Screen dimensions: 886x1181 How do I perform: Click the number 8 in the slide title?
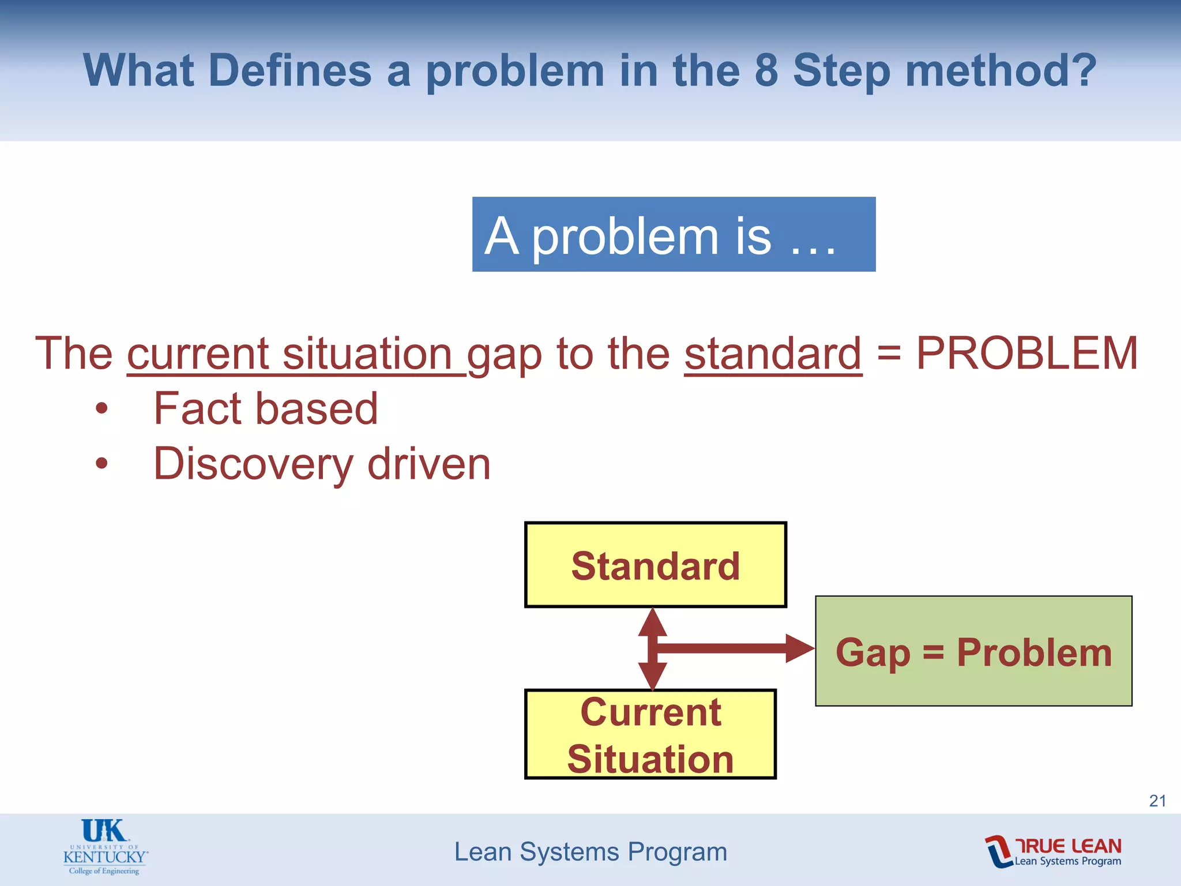766,70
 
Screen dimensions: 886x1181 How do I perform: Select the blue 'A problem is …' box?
674,234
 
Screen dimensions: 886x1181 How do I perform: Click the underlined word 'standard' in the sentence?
773,353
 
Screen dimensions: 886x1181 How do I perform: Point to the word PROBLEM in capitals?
1027,353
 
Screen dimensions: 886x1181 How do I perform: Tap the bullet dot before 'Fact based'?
102,408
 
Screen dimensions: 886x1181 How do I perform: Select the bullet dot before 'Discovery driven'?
102,463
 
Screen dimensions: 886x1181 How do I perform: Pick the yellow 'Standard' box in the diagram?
655,565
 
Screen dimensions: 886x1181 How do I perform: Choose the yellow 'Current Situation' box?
650,734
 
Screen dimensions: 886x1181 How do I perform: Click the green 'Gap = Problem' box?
973,651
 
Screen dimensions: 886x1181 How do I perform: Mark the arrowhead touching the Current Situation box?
652,675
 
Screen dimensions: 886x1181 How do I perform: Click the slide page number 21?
1157,801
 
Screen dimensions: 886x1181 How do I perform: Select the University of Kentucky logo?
105,847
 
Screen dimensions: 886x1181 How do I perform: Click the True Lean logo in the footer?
1054,851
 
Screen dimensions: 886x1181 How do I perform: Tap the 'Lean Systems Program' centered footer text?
590,852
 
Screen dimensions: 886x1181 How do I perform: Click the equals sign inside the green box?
933,652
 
